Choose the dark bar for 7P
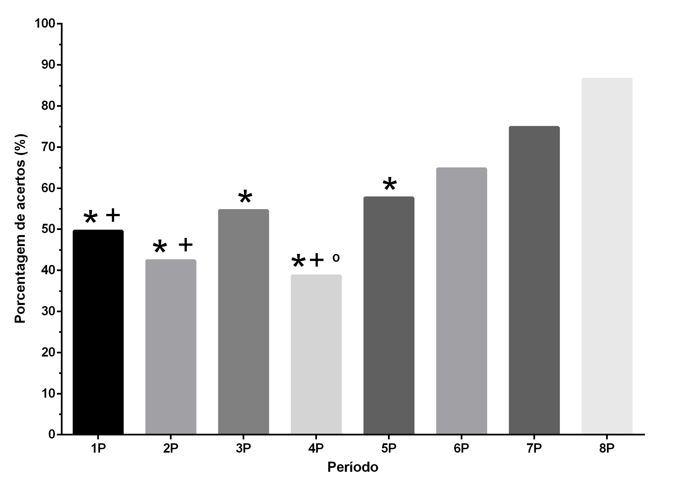[534, 280]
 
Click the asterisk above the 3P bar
[245, 197]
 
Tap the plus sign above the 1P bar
[113, 215]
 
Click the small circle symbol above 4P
[336, 258]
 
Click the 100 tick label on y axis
[45, 23]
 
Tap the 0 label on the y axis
[52, 434]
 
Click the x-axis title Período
[352, 467]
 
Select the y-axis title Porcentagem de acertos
[20, 229]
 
